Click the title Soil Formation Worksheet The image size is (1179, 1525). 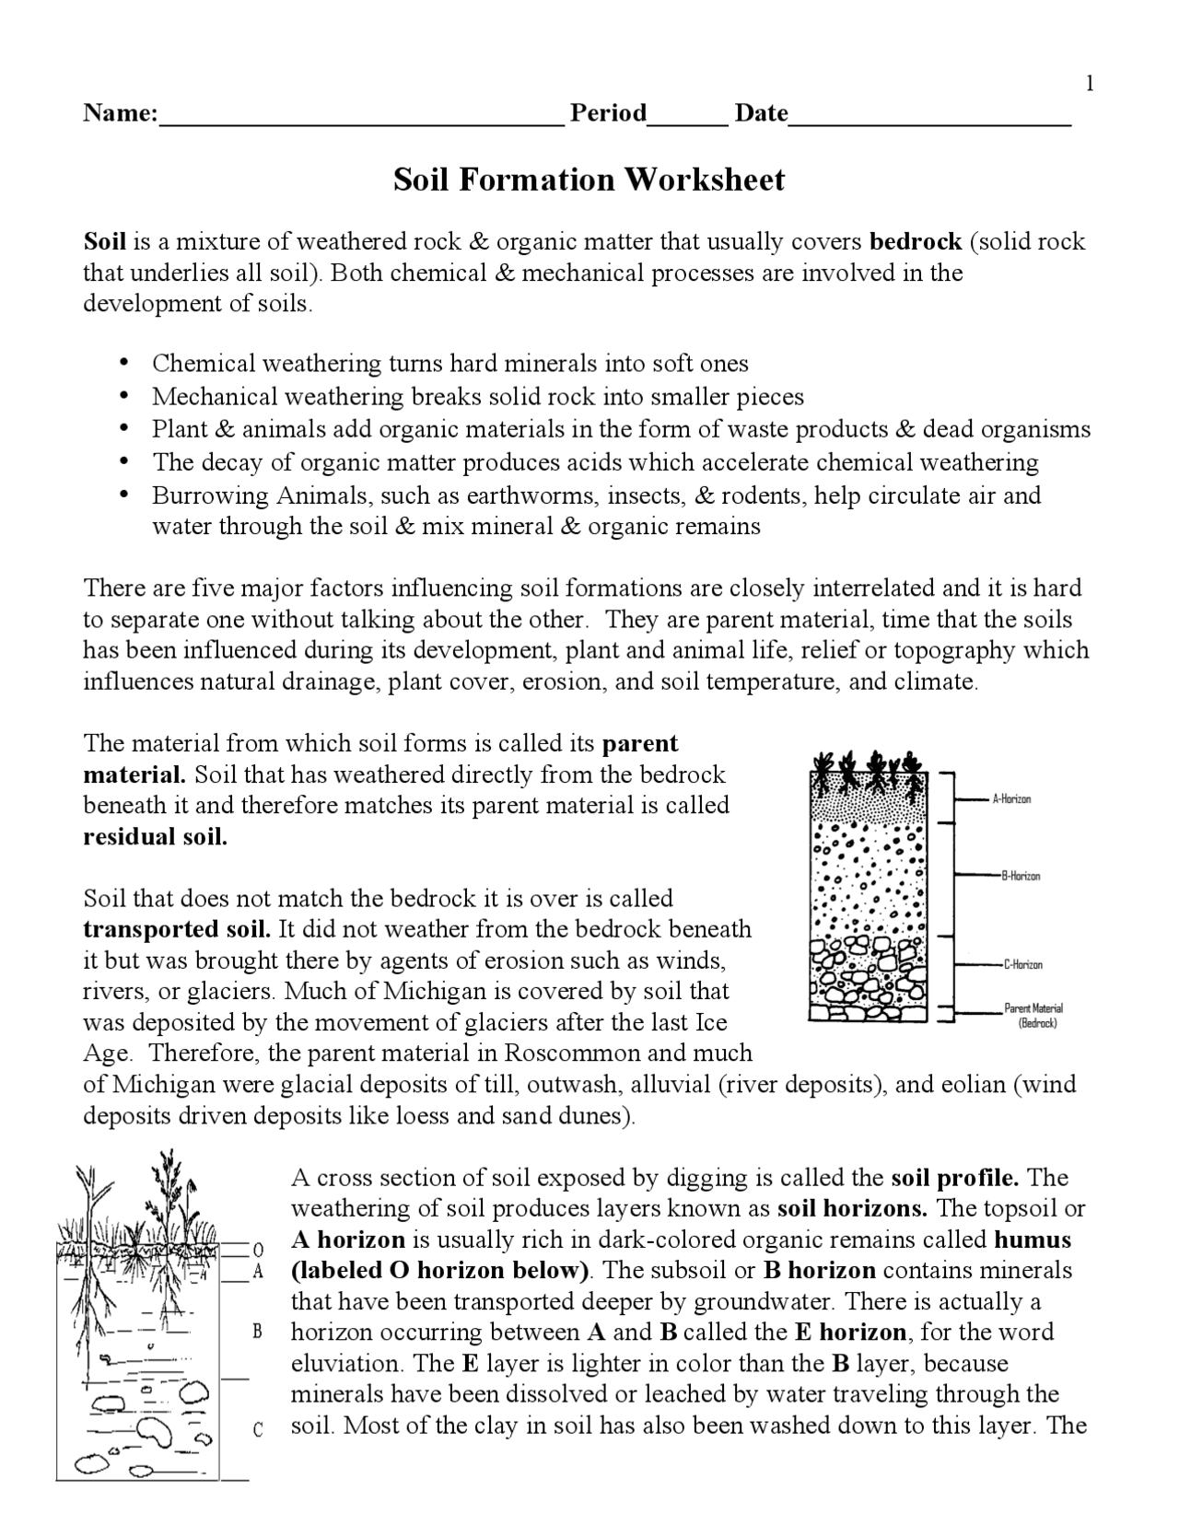(589, 179)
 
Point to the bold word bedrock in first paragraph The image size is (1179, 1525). (916, 241)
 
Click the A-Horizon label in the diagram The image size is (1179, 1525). (1011, 799)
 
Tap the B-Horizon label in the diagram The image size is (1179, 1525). (1021, 876)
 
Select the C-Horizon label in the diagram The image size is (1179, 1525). (1022, 965)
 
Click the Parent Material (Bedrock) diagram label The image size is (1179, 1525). (1033, 1016)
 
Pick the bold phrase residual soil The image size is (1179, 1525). (155, 836)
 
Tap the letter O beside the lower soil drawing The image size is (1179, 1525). (259, 1249)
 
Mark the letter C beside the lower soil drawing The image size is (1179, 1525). (258, 1429)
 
